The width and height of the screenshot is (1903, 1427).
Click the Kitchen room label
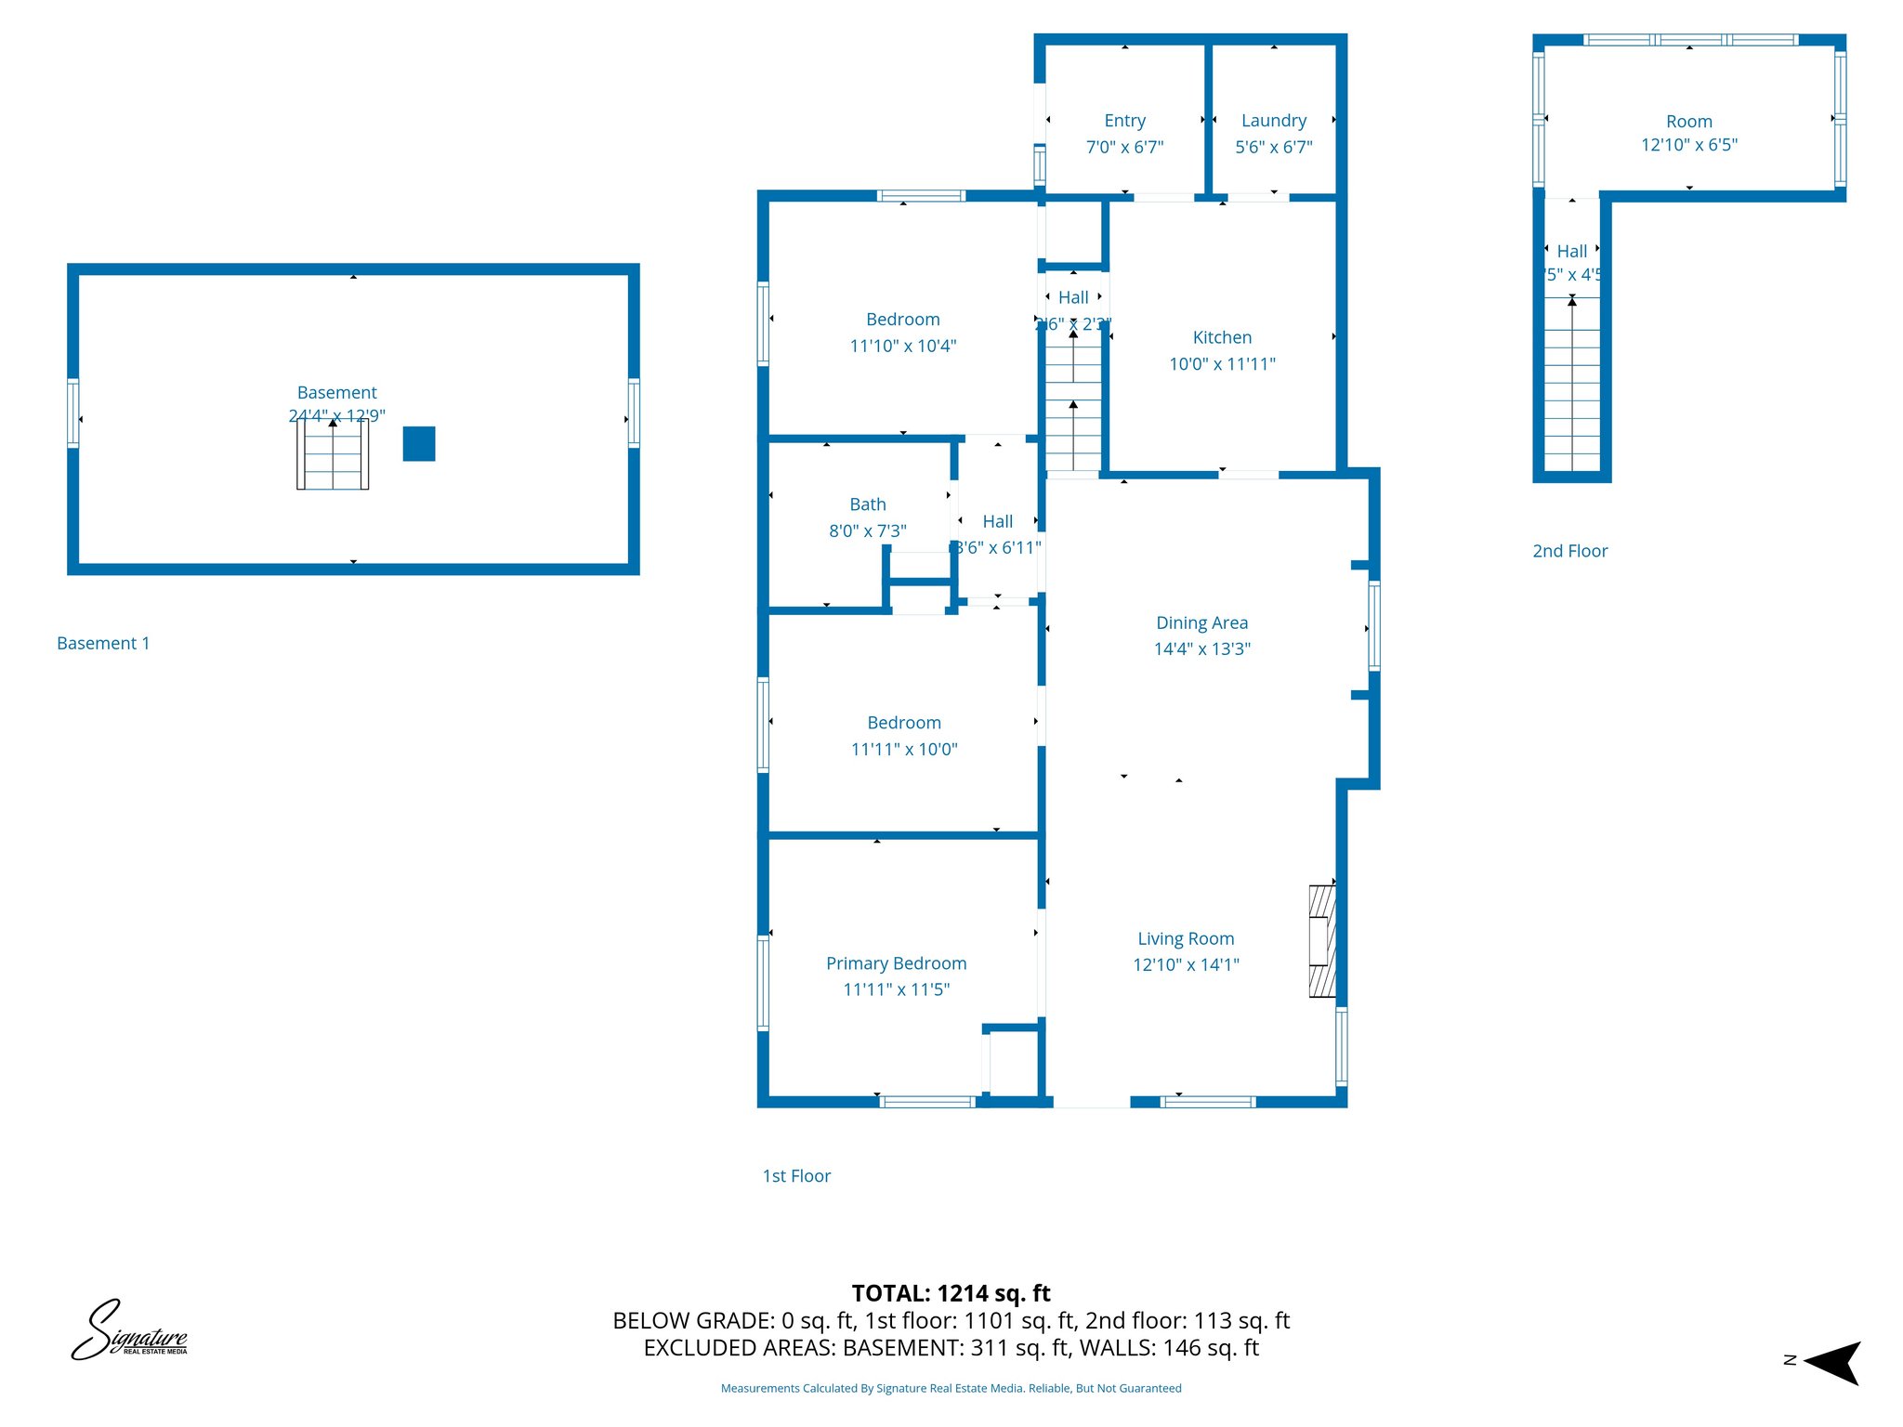click(x=1222, y=337)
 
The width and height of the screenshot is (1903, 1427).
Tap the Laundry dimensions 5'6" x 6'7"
click(x=1273, y=147)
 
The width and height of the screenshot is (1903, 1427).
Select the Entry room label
click(x=1124, y=121)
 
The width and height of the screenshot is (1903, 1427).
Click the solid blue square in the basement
click(x=419, y=444)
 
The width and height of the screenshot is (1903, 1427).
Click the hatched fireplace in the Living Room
click(x=1322, y=941)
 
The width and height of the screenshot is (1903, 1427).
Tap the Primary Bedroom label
click(x=896, y=963)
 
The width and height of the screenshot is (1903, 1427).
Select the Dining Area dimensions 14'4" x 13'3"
click(x=1201, y=648)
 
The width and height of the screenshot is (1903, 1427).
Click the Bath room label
click(x=868, y=504)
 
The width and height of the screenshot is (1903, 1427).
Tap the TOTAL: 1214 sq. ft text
click(x=951, y=1293)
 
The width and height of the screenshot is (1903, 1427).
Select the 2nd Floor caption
click(x=1569, y=551)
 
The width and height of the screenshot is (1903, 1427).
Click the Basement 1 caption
click(x=103, y=643)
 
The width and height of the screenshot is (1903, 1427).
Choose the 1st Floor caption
click(x=796, y=1176)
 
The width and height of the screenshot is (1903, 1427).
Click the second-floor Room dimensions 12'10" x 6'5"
click(x=1688, y=145)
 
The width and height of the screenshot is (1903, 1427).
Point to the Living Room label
click(x=1186, y=938)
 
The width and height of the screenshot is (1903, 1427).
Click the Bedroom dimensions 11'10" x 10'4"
click(x=902, y=346)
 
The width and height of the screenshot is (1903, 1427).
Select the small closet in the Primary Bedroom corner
click(x=1013, y=1064)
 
